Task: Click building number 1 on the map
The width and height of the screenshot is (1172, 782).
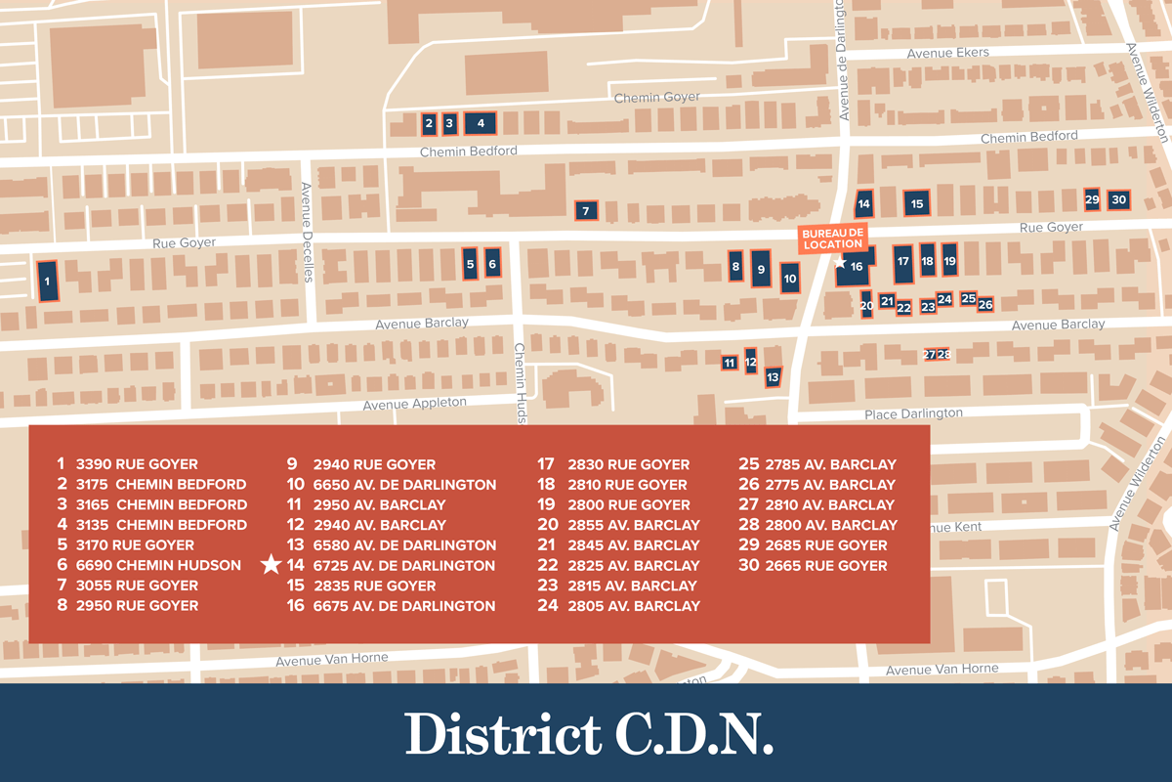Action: (47, 281)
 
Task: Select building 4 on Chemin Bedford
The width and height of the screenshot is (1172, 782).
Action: (481, 123)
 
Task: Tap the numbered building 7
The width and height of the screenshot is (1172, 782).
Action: (585, 210)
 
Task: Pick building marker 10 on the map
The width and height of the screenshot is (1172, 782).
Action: (790, 278)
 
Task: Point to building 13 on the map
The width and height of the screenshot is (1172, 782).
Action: (773, 375)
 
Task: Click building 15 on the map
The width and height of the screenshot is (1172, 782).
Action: (917, 203)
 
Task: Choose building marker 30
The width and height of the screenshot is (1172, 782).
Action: (1119, 199)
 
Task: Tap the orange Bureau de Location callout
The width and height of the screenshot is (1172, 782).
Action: (833, 238)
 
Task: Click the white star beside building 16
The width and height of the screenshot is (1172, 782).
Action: (839, 262)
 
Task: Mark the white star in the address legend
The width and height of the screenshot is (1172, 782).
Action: (272, 565)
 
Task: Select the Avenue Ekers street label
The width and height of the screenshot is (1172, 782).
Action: (947, 53)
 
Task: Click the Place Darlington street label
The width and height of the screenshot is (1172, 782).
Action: (913, 413)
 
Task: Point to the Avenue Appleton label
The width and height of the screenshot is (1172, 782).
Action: (415, 403)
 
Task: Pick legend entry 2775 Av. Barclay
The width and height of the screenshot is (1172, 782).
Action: (829, 485)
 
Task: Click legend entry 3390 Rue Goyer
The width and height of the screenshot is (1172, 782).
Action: (136, 464)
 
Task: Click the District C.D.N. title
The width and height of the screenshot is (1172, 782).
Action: (589, 733)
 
